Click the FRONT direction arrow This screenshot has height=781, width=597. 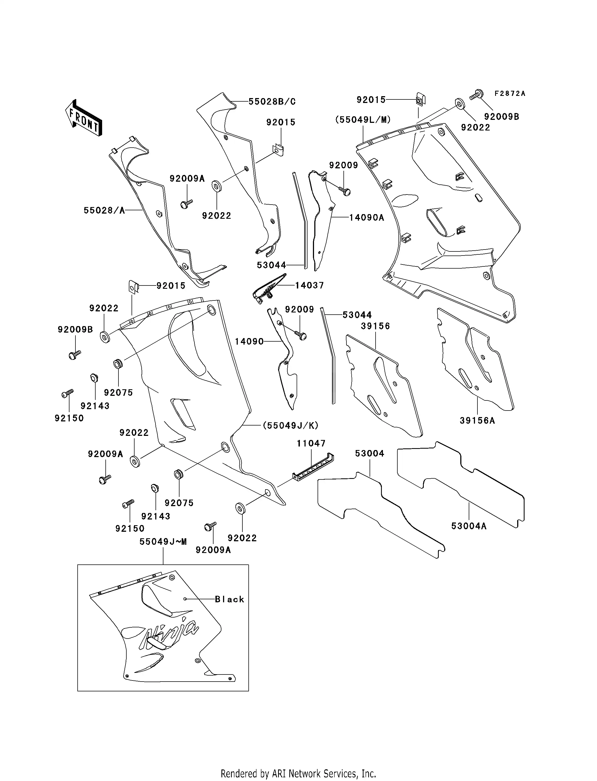(84, 118)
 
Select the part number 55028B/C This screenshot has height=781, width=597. (272, 102)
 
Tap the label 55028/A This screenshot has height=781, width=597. (104, 211)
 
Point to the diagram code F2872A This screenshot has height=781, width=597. (510, 93)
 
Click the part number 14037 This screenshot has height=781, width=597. (309, 285)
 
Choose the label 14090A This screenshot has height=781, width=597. (367, 218)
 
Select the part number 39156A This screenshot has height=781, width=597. (477, 421)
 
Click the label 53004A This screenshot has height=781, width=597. (469, 526)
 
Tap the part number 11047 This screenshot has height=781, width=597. (311, 443)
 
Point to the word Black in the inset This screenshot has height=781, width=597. (230, 599)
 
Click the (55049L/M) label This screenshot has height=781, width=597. (363, 120)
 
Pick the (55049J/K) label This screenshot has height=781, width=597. (290, 425)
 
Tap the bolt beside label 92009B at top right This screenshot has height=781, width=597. (475, 95)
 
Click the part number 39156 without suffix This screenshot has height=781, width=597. (375, 326)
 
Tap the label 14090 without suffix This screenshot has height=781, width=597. (249, 342)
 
